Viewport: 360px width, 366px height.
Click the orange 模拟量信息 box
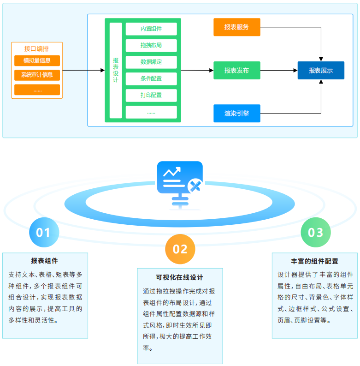tap(37, 60)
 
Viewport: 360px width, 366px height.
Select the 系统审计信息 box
tap(37, 75)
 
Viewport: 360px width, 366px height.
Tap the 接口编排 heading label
tap(37, 48)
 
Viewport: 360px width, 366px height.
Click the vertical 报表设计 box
tap(116, 70)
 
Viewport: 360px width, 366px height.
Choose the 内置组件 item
tap(151, 29)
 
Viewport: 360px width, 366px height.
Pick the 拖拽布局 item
tap(151, 45)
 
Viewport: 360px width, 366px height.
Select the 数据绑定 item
tap(151, 62)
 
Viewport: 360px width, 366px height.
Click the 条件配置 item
tap(151, 78)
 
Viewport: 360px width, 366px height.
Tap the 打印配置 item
tap(151, 95)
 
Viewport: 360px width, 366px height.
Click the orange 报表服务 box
tap(237, 27)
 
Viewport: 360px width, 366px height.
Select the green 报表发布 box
tap(237, 71)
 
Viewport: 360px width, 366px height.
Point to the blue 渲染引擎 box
tap(237, 113)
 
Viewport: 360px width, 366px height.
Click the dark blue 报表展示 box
tap(321, 71)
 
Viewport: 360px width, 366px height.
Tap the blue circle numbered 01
tap(43, 232)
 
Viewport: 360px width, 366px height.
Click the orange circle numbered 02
tap(180, 249)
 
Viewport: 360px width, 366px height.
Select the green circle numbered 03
tap(316, 232)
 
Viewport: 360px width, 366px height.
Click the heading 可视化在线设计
tap(180, 277)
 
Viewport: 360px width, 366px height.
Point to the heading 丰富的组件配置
tap(315, 261)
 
